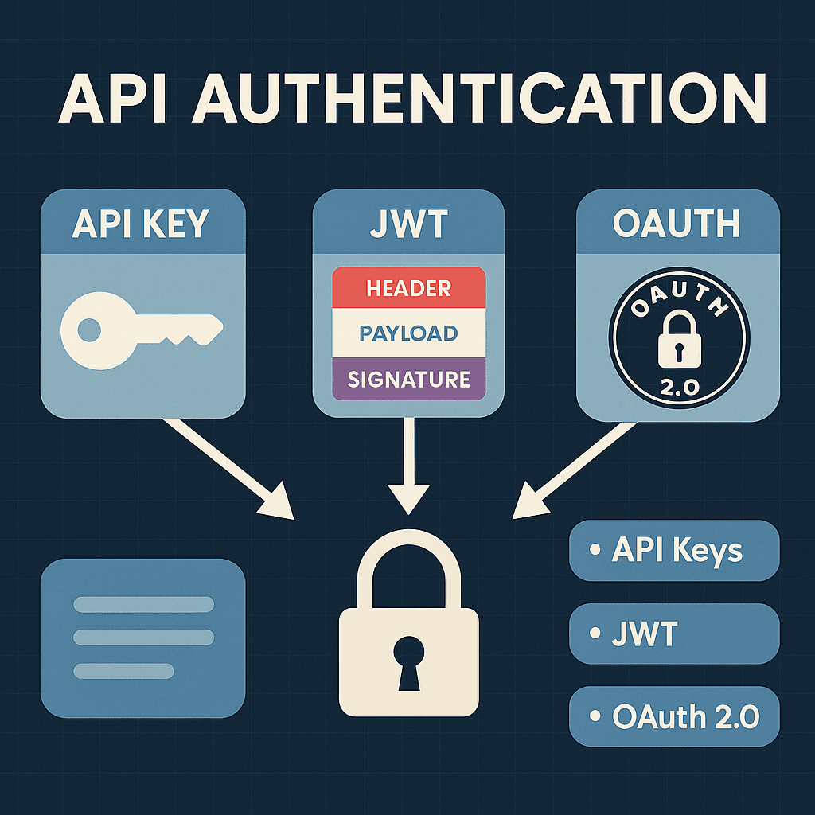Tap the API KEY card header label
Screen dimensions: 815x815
(x=142, y=225)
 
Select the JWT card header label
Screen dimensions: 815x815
(x=408, y=225)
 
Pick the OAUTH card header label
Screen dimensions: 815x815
(x=677, y=225)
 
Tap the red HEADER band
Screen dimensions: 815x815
(x=408, y=288)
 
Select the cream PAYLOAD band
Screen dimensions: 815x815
(x=408, y=333)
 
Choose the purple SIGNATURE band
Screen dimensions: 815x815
(x=408, y=379)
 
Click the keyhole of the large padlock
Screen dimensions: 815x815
(x=408, y=657)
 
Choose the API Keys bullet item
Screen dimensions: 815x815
(x=674, y=551)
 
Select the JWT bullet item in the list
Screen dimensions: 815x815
(x=674, y=634)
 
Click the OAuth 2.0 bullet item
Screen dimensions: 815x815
(x=674, y=716)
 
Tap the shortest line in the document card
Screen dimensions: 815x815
(x=123, y=670)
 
